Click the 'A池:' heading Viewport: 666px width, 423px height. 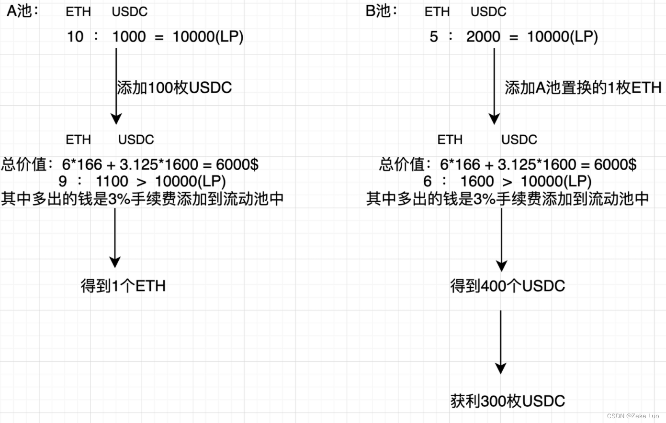(x=22, y=11)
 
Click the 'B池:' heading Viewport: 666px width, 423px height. (x=381, y=11)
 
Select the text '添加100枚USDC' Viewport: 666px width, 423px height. (x=175, y=87)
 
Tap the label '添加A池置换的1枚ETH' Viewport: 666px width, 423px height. (x=583, y=87)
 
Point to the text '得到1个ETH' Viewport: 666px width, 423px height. (x=123, y=286)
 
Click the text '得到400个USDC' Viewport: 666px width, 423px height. (x=508, y=286)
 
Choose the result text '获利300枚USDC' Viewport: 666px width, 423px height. (x=508, y=401)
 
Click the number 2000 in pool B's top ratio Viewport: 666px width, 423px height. (x=483, y=36)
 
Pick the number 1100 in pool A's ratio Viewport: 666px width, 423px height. (x=112, y=181)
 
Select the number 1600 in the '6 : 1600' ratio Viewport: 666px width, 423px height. (x=477, y=181)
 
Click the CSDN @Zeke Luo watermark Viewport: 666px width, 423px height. (x=632, y=416)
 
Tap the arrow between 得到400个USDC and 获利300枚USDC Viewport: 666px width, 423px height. (x=500, y=342)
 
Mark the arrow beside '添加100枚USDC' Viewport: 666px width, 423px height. (x=116, y=86)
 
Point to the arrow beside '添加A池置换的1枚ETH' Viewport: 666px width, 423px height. (x=494, y=86)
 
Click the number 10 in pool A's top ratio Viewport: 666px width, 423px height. (x=75, y=36)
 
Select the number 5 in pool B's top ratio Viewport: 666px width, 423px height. (x=434, y=36)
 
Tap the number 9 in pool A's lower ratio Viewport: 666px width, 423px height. (x=63, y=181)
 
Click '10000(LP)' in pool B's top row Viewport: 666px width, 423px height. (x=563, y=36)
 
